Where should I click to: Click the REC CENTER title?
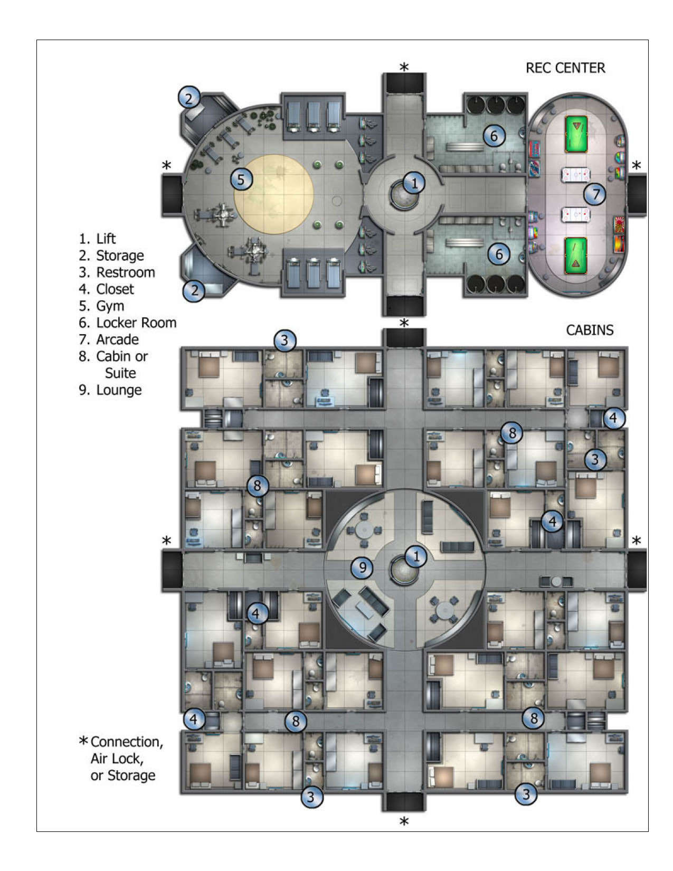coord(565,68)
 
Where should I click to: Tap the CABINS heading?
coord(590,330)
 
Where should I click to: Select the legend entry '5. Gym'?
coord(101,306)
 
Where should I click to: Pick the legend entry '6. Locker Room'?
coord(127,323)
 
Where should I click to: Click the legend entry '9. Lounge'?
coord(110,390)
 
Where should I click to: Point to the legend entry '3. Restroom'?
coord(117,272)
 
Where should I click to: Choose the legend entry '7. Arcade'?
coord(109,339)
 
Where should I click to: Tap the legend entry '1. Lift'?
coord(97,239)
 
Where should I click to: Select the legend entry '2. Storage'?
coord(111,255)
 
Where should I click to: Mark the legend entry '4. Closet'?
coord(106,289)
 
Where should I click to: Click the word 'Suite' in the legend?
coord(120,373)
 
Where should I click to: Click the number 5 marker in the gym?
coord(241,179)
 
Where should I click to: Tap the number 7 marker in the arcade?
coord(595,194)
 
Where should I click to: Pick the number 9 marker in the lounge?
coord(363,567)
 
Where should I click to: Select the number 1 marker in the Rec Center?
coord(414,183)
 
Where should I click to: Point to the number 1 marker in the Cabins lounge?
coord(416,556)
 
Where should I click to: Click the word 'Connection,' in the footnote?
coord(127,742)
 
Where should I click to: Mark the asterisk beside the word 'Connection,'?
coord(83,741)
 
